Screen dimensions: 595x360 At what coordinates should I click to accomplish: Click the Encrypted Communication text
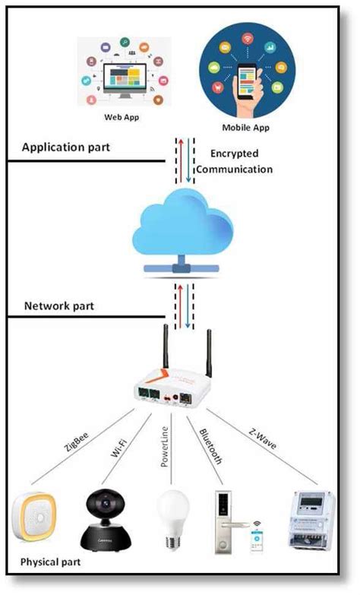tap(241, 161)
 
